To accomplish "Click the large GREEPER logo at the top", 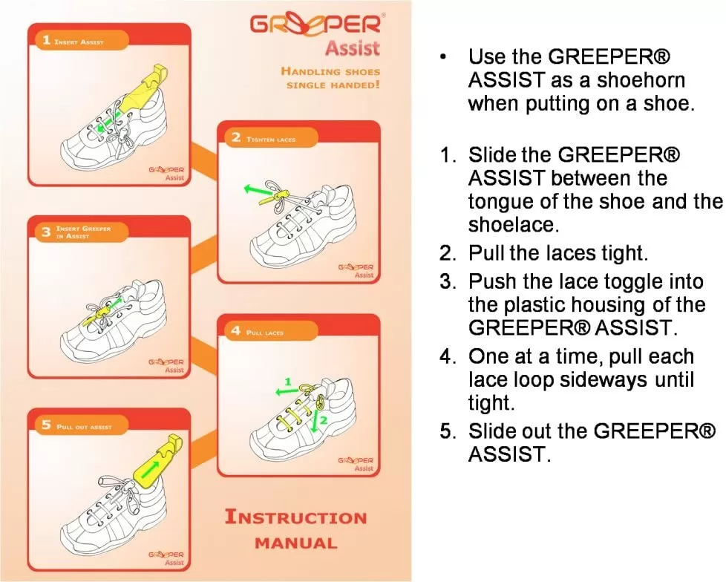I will point(317,24).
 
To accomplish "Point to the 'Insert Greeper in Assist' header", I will point(82,232).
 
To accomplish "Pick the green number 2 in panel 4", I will point(324,420).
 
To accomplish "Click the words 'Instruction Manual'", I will point(295,529).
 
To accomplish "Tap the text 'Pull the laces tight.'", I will point(557,252).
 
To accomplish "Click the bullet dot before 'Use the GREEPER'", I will point(443,57).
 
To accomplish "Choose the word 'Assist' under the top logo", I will point(352,49).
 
